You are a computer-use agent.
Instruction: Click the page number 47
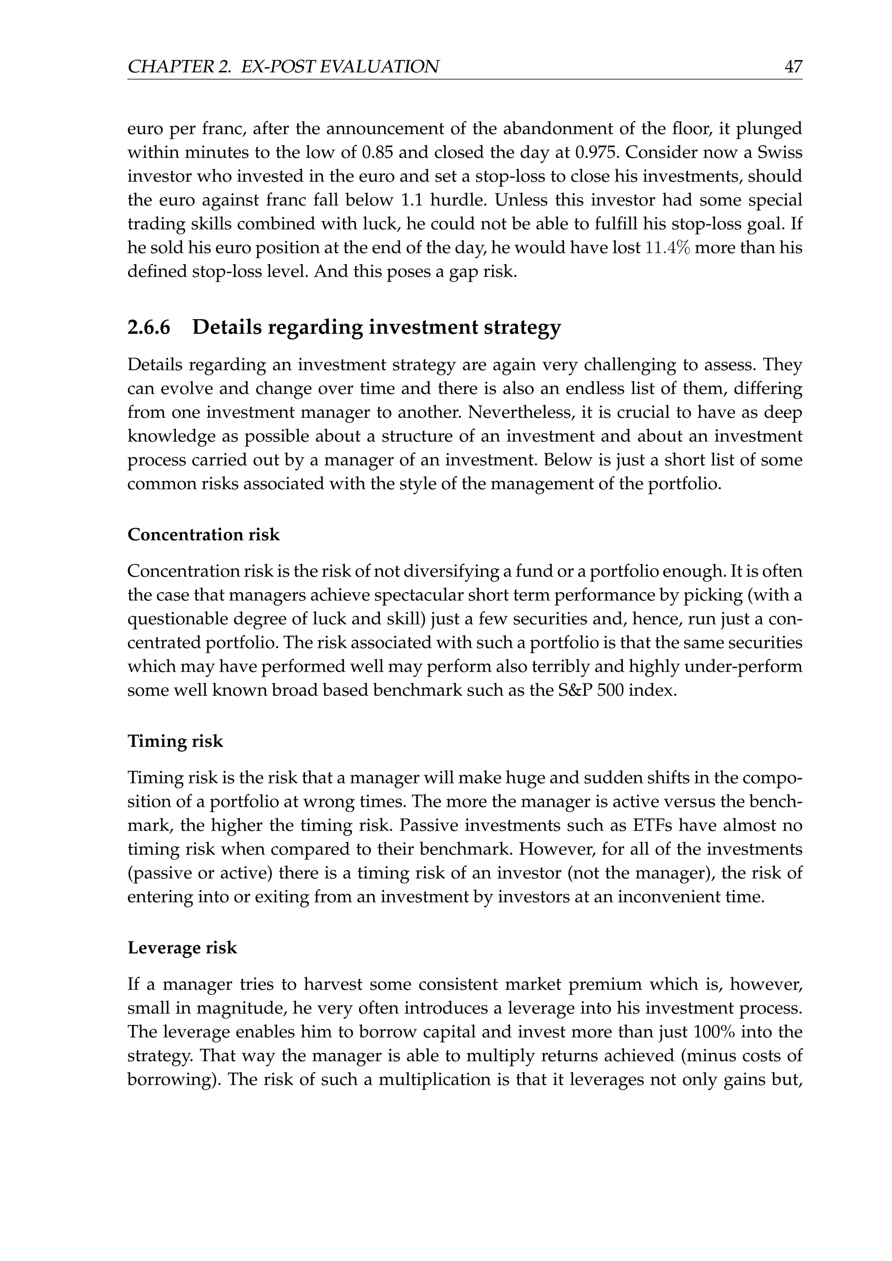pos(793,67)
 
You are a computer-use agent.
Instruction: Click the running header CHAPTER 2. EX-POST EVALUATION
pos(283,67)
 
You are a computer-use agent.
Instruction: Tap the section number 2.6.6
pos(149,327)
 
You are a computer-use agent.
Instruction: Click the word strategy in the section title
pos(522,327)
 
